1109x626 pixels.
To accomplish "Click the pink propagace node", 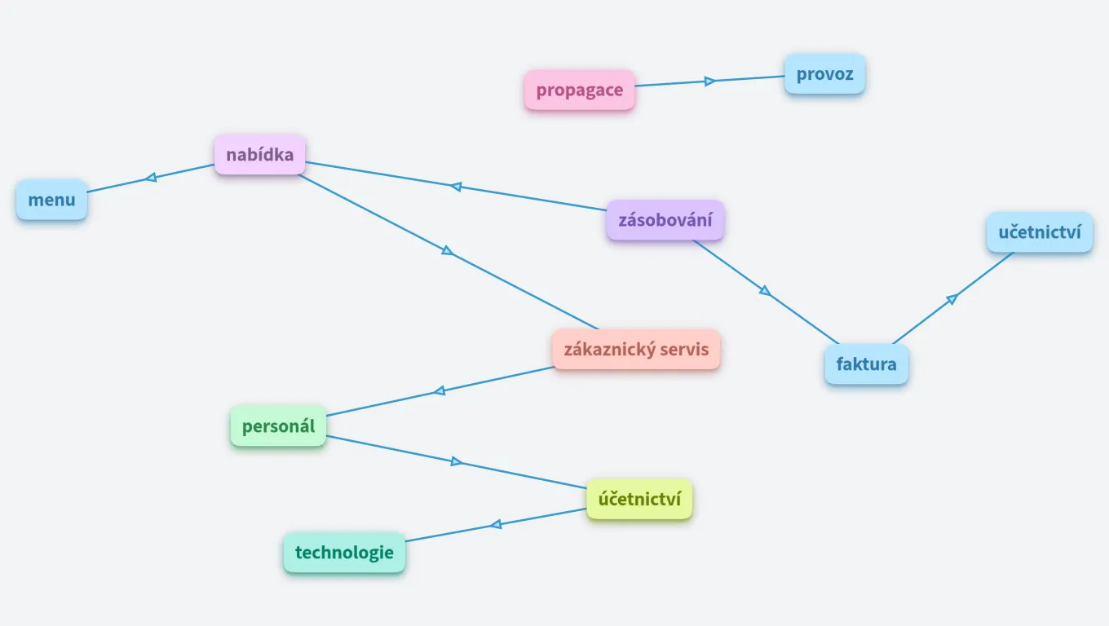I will pos(579,90).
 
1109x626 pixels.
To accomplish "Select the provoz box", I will pos(824,74).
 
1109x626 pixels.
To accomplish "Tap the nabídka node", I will pos(259,154).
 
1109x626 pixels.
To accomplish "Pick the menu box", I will pos(51,200).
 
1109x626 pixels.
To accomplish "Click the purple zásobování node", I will pos(665,220).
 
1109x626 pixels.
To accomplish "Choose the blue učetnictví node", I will pos(1039,232).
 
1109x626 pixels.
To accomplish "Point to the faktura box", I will pos(866,364).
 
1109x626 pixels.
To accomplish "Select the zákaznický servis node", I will pos(636,350).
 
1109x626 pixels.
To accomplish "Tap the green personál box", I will pos(278,425).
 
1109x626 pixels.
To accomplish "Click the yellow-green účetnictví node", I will pos(639,499).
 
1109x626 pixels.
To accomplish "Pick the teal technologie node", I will pos(344,552).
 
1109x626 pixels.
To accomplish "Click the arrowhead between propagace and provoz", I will pos(709,81).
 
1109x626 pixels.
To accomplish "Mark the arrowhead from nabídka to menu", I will pos(151,177).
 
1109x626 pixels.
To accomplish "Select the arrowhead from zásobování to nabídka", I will pos(457,187).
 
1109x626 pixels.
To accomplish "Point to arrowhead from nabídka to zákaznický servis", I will pos(447,250).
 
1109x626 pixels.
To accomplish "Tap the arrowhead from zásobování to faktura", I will pos(764,290).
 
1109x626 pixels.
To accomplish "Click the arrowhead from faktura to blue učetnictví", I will pos(952,299).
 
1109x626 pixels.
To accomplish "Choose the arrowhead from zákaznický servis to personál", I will pos(440,390).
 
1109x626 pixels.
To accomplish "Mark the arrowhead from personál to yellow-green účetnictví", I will pos(457,462).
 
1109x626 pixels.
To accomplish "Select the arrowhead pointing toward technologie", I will pos(496,524).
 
